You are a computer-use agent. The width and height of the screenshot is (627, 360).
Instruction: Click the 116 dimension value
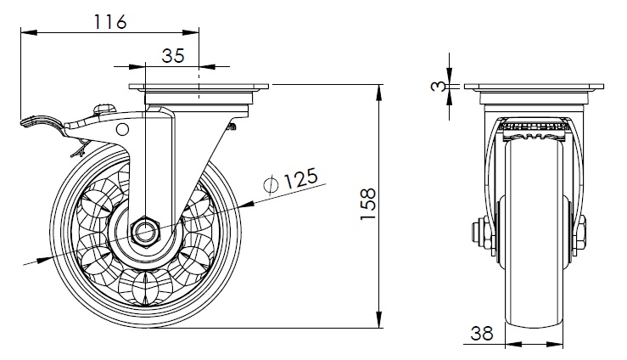tap(110, 21)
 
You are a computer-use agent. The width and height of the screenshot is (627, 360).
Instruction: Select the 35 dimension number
tap(173, 55)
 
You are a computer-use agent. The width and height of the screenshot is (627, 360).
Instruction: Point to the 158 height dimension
tap(368, 204)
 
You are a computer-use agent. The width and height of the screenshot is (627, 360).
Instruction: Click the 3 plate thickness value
tap(438, 86)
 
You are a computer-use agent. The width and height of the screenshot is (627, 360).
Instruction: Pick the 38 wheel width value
tap(482, 333)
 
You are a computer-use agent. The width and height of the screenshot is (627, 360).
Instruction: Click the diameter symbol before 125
tap(272, 183)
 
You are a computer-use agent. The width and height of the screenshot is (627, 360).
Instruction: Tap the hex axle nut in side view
tap(145, 233)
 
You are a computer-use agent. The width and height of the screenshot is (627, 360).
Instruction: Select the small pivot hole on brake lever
tap(122, 129)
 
